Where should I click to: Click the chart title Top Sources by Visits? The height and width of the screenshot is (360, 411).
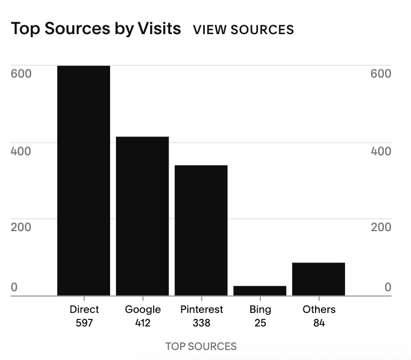[96, 29]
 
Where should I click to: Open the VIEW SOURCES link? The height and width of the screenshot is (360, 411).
[243, 29]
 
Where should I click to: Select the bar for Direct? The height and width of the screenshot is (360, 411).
[84, 181]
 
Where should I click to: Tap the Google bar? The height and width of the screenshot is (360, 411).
[142, 216]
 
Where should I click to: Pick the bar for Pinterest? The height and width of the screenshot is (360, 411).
[201, 231]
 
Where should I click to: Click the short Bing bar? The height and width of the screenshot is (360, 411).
[260, 291]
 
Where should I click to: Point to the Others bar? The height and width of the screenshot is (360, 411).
[319, 279]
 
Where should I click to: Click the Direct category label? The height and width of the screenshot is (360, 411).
[84, 309]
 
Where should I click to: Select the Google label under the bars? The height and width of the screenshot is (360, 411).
[142, 309]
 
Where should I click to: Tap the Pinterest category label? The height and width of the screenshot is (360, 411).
[201, 309]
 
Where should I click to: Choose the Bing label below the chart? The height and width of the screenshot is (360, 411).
[260, 309]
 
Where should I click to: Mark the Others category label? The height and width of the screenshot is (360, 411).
[319, 309]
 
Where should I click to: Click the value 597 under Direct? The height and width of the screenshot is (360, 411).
[84, 323]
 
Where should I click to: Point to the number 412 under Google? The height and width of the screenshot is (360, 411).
[142, 323]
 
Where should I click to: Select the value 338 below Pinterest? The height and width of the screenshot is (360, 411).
[201, 323]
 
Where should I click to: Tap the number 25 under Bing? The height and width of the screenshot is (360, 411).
[260, 323]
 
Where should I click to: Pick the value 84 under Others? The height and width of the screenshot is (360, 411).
[319, 323]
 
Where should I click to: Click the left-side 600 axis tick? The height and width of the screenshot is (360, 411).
[21, 74]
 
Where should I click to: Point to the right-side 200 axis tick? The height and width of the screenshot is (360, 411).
[381, 227]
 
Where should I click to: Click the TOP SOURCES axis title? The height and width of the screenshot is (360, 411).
[201, 346]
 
